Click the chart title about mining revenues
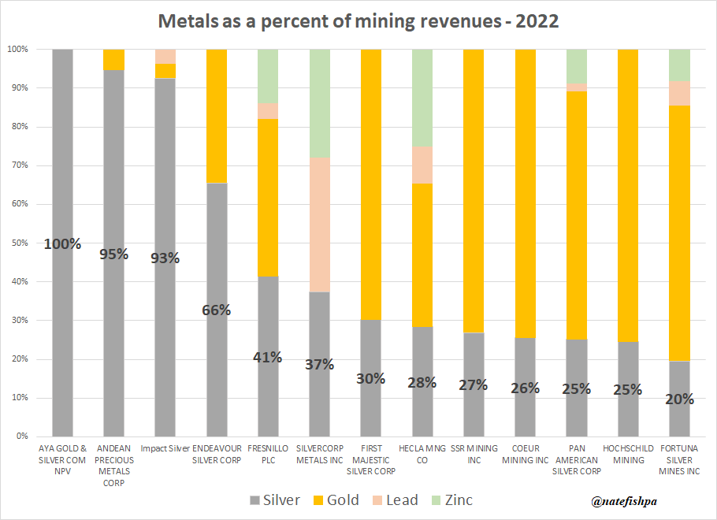(358, 21)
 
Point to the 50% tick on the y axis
(18, 243)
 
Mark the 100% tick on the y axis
(17, 49)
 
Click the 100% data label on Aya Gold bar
(62, 243)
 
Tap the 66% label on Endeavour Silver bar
(216, 310)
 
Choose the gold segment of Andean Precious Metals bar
(113, 60)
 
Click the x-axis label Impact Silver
(165, 448)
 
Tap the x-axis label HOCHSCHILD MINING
(627, 454)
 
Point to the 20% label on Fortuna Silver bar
(678, 399)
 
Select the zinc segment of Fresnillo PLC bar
(268, 76)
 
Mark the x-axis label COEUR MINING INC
(524, 454)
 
